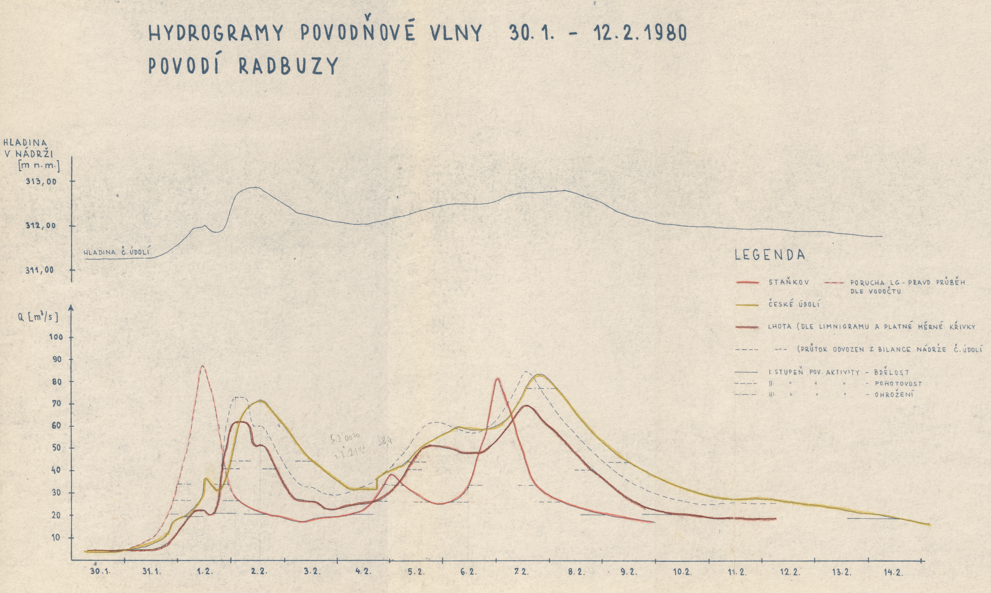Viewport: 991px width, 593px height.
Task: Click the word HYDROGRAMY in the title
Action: click(x=216, y=33)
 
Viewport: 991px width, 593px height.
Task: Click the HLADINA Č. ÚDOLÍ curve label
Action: click(x=119, y=253)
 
